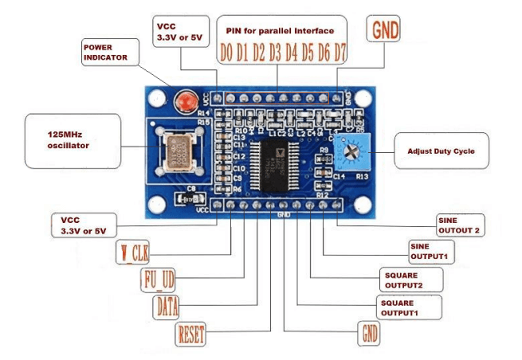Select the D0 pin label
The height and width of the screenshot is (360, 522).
click(227, 54)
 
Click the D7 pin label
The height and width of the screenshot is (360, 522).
click(340, 54)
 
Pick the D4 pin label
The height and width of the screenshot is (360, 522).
click(292, 54)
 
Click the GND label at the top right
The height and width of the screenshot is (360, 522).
click(383, 30)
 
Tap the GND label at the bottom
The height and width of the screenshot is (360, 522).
click(370, 333)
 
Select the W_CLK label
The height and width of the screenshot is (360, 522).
click(133, 254)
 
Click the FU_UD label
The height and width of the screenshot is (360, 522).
click(158, 280)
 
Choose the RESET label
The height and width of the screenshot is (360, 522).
click(191, 333)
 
